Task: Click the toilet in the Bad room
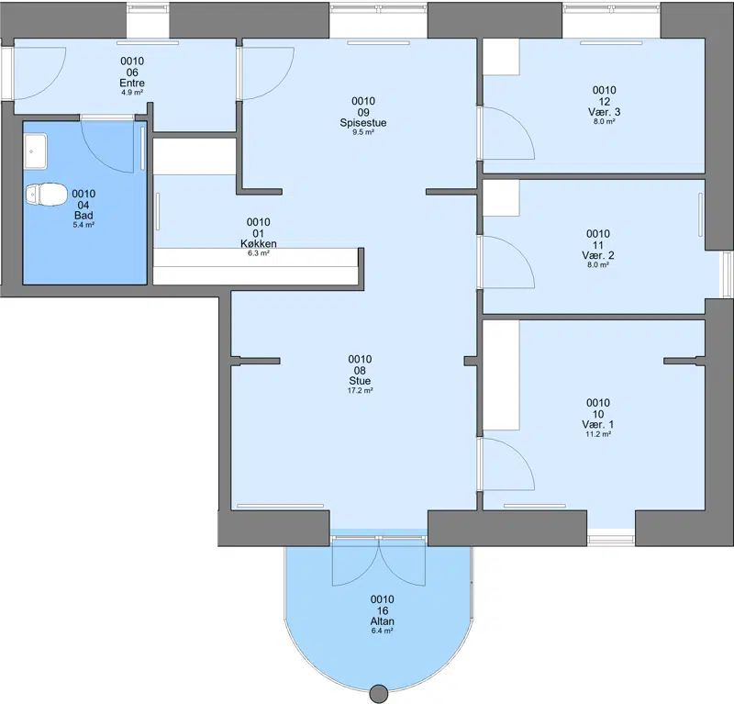(x=46, y=195)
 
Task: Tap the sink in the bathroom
(x=36, y=151)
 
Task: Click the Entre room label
(x=132, y=83)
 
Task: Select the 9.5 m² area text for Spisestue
(x=363, y=132)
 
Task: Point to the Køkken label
(x=259, y=243)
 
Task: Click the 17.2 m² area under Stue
(x=360, y=390)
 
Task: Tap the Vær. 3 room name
(x=605, y=112)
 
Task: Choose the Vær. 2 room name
(x=598, y=255)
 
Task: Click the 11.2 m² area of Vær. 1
(x=598, y=434)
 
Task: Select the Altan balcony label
(x=382, y=621)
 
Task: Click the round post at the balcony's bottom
(x=378, y=694)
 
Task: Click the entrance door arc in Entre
(x=51, y=84)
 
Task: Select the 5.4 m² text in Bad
(x=83, y=225)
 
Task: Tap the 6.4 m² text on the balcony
(x=382, y=631)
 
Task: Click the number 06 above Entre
(x=132, y=73)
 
